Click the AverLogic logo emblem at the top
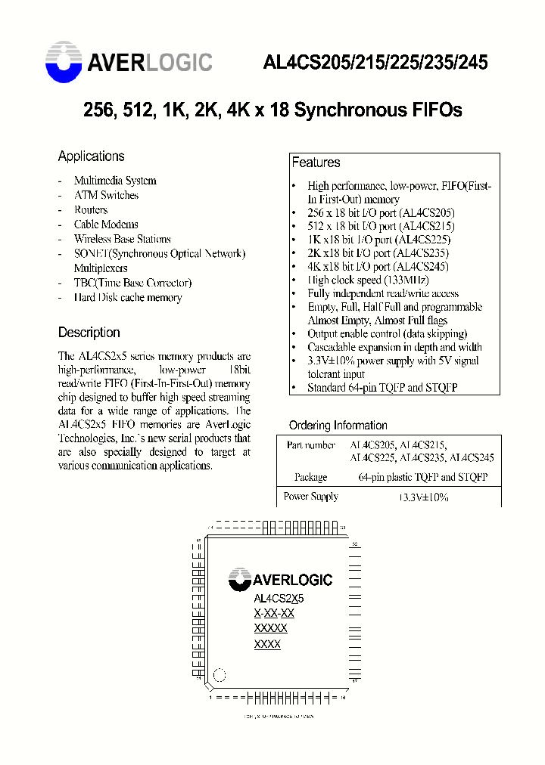click(64, 61)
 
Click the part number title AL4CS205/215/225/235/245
click(375, 63)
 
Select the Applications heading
click(91, 156)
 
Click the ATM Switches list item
click(106, 195)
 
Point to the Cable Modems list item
click(106, 225)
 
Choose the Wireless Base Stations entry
click(122, 239)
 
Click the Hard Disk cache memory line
click(127, 298)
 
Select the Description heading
click(89, 333)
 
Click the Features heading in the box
click(316, 163)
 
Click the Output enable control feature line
click(387, 333)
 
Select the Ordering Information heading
click(338, 426)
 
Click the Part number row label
click(310, 446)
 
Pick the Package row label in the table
click(310, 477)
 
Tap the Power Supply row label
click(310, 497)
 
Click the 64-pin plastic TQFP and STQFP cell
click(422, 477)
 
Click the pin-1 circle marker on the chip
click(220, 674)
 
